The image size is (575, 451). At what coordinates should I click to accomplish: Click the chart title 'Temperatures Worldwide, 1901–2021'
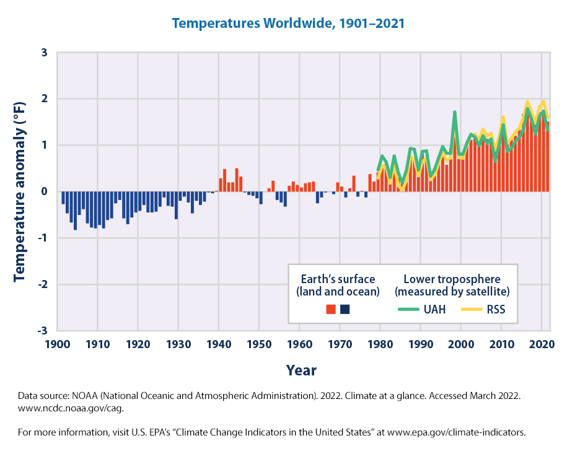[288, 24]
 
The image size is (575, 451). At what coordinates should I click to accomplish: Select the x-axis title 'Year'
[301, 370]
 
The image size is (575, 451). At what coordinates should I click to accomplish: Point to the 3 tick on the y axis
[43, 53]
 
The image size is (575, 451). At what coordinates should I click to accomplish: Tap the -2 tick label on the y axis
[42, 284]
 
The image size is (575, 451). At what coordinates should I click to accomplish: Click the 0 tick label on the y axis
[43, 191]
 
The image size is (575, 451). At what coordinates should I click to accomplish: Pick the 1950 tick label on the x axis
[259, 344]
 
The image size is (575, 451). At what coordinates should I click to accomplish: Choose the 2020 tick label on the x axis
[542, 344]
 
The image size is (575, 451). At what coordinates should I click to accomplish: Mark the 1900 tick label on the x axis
[57, 344]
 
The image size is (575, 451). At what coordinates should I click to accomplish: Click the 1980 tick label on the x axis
[380, 344]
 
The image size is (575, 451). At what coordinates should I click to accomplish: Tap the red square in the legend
[330, 309]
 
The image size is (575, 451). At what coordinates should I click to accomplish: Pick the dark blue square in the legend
[345, 309]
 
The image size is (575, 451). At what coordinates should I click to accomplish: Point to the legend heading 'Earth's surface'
[336, 278]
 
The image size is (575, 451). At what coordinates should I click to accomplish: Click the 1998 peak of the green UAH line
[455, 113]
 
